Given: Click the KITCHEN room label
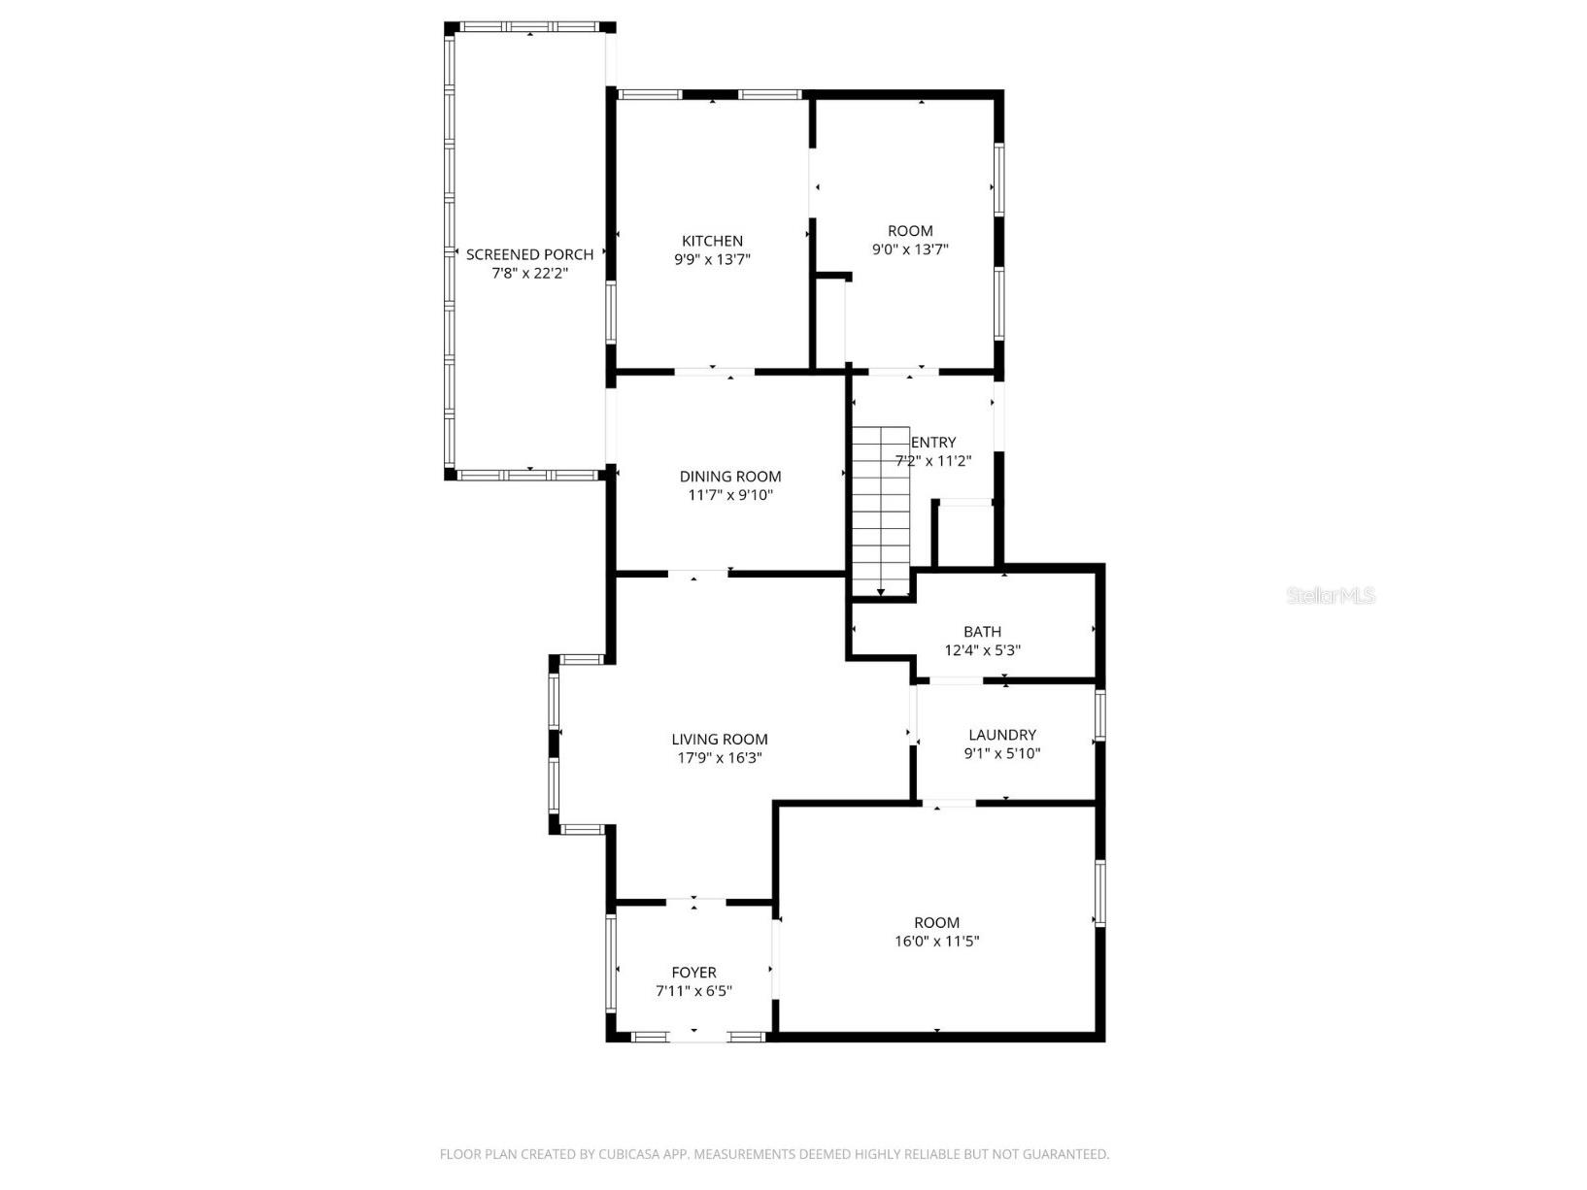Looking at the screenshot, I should pyautogui.click(x=712, y=241).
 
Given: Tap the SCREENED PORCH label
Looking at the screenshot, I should pyautogui.click(x=529, y=254).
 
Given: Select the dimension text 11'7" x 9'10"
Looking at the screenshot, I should pyautogui.click(x=730, y=495).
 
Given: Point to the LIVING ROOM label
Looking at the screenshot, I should pyautogui.click(x=719, y=739).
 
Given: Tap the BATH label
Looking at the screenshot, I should pyautogui.click(x=982, y=632).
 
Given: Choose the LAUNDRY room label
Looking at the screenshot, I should pyautogui.click(x=1001, y=735).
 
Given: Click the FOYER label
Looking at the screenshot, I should pyautogui.click(x=693, y=973).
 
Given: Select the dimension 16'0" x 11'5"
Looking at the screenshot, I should pyautogui.click(x=936, y=941).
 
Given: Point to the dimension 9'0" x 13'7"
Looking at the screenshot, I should pyautogui.click(x=909, y=249).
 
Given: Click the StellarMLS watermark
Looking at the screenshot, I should pyautogui.click(x=1331, y=596).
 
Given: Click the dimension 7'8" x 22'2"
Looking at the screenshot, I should pyautogui.click(x=529, y=273).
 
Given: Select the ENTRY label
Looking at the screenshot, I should pyautogui.click(x=933, y=443).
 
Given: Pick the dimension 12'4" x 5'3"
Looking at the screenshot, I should pyautogui.click(x=982, y=650).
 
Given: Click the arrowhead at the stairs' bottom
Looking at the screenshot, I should pyautogui.click(x=880, y=591).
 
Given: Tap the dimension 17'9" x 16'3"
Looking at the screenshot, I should pyautogui.click(x=719, y=757).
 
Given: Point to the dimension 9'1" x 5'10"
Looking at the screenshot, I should pyautogui.click(x=1001, y=753).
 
